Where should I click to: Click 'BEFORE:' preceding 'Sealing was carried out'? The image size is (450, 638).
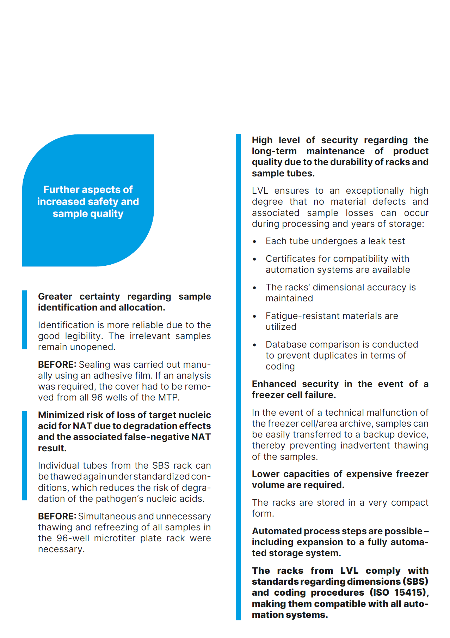coord(57,365)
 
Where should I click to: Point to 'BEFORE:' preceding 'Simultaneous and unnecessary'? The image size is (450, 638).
coord(57,516)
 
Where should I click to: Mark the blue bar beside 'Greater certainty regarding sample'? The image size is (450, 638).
coord(24,320)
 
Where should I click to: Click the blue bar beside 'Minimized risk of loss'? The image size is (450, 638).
coord(24,456)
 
